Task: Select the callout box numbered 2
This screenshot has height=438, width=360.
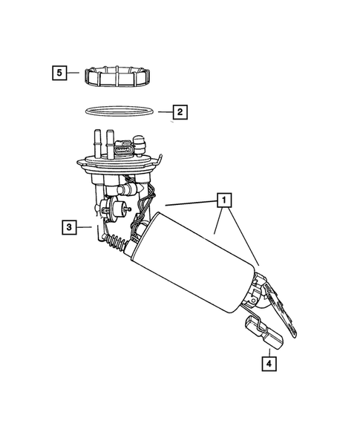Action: (179, 113)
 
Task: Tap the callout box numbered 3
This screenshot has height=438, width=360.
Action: (68, 228)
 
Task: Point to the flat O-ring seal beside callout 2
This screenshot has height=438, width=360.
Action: (122, 112)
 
